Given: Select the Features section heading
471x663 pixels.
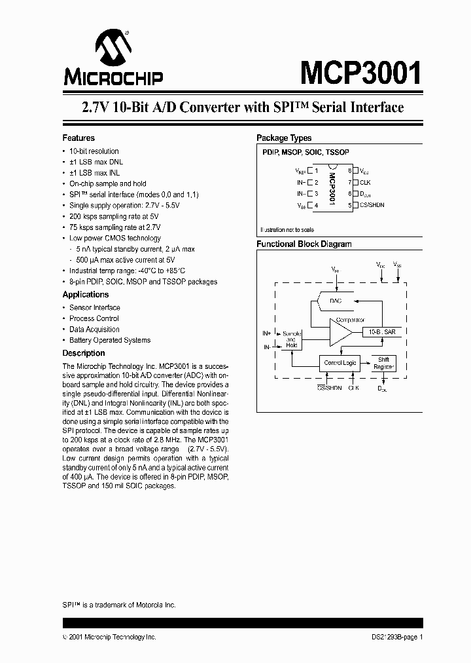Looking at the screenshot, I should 78,138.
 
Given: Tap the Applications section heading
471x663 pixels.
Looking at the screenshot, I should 85,295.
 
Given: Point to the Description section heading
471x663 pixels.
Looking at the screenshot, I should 83,353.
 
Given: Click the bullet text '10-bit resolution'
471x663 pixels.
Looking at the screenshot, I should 94,151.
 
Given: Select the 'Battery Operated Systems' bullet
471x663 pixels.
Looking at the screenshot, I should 110,341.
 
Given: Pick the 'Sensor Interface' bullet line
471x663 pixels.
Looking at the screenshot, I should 95,308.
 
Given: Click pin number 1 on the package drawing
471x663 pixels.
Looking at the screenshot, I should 316,170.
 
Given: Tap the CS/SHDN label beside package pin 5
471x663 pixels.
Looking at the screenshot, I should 373,206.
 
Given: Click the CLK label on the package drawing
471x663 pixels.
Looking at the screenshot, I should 365,182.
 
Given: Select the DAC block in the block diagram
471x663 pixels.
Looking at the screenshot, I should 336,301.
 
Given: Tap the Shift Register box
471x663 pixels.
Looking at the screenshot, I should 383,363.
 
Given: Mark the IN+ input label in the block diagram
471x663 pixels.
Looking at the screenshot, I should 267,333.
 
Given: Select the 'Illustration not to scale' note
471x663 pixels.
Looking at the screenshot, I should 287,230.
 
